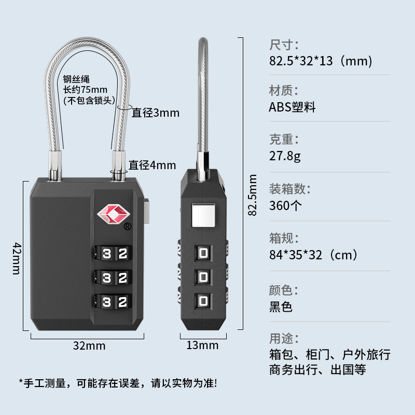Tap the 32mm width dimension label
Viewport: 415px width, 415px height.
point(89,345)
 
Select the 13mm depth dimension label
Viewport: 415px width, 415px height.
point(202,345)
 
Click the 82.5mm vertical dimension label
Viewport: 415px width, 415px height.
point(253,195)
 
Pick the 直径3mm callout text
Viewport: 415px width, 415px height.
point(155,112)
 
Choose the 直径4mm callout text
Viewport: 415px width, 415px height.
point(153,165)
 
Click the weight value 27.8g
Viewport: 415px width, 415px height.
point(285,156)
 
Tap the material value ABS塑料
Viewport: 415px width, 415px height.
point(292,107)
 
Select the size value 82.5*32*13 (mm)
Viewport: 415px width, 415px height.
point(321,61)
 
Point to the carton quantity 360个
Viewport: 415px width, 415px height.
point(285,205)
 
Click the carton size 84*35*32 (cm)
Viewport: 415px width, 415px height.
point(313,255)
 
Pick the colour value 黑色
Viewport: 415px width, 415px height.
point(281,306)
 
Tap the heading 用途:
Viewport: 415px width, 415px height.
point(284,339)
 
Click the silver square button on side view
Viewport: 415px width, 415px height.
point(203,216)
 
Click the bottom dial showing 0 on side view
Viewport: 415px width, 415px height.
point(203,300)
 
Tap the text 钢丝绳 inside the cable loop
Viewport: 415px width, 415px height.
point(77,79)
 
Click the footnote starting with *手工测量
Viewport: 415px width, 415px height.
point(118,383)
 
